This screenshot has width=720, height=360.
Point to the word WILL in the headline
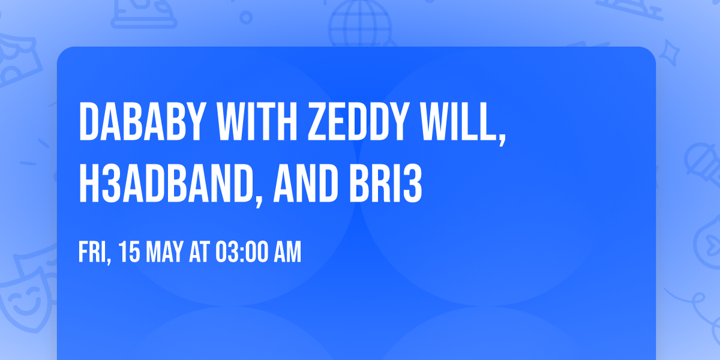[x=461, y=122]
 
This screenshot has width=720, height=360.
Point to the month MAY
[x=164, y=253]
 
